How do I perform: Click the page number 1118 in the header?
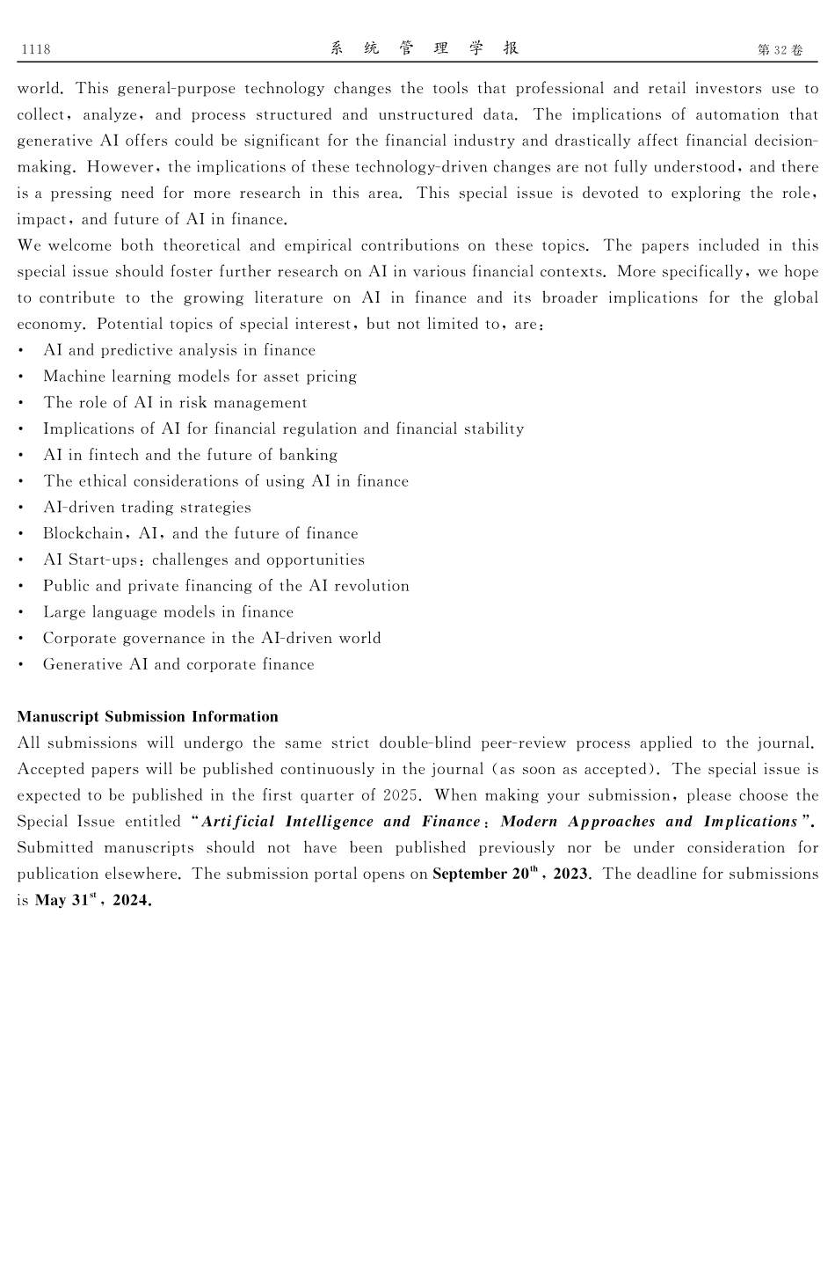(35, 49)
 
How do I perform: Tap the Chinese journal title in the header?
(425, 48)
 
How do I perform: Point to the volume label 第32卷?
(780, 50)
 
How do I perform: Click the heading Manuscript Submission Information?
(148, 716)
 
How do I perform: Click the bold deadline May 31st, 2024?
(93, 900)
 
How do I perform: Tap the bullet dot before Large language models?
(20, 612)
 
